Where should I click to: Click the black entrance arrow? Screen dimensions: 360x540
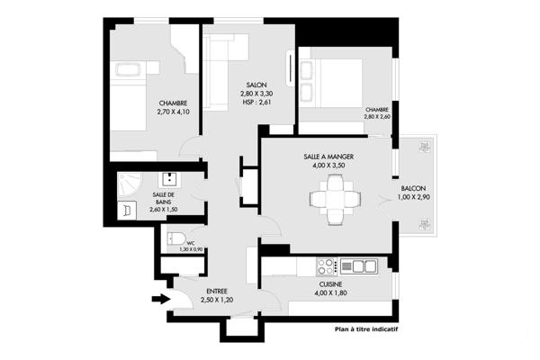point(158,300)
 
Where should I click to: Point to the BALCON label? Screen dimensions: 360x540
point(414,187)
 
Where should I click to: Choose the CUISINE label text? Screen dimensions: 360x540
point(331,283)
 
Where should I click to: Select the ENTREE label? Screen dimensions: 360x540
point(216,291)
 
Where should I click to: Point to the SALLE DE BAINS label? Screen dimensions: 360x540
point(164,199)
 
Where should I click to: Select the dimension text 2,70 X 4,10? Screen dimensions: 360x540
point(174,112)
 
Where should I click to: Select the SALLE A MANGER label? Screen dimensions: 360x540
point(328,157)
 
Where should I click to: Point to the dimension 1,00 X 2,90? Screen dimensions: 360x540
point(414,197)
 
